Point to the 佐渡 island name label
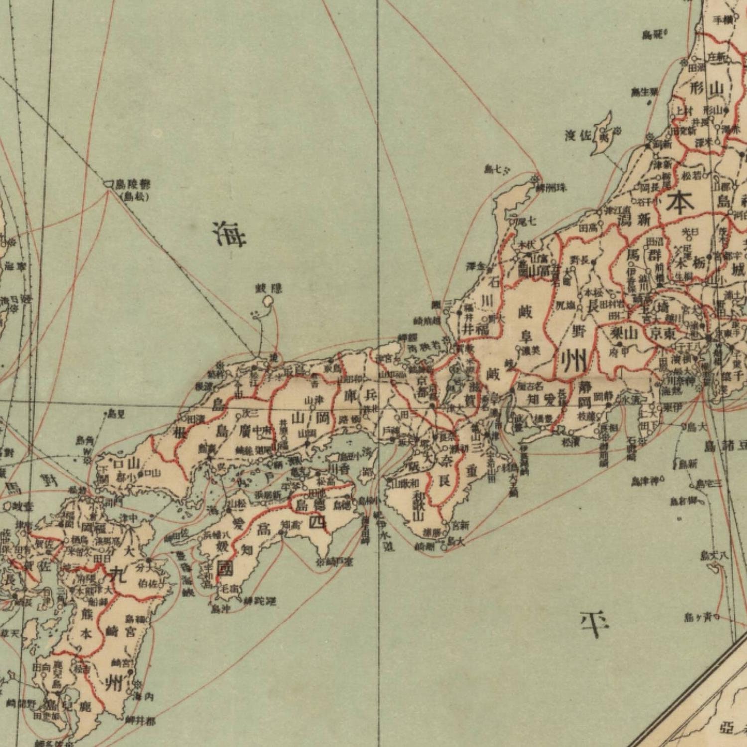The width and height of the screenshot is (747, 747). [x=578, y=135]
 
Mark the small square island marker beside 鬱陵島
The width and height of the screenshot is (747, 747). [x=108, y=185]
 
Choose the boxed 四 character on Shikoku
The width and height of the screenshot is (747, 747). [x=317, y=522]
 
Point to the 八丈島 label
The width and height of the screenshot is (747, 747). [x=714, y=555]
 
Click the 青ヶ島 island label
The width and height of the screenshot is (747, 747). [x=699, y=618]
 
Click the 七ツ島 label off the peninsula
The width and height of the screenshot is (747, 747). [x=497, y=170]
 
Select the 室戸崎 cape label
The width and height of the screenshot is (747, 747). [x=339, y=562]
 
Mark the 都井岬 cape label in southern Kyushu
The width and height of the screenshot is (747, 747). [x=140, y=720]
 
